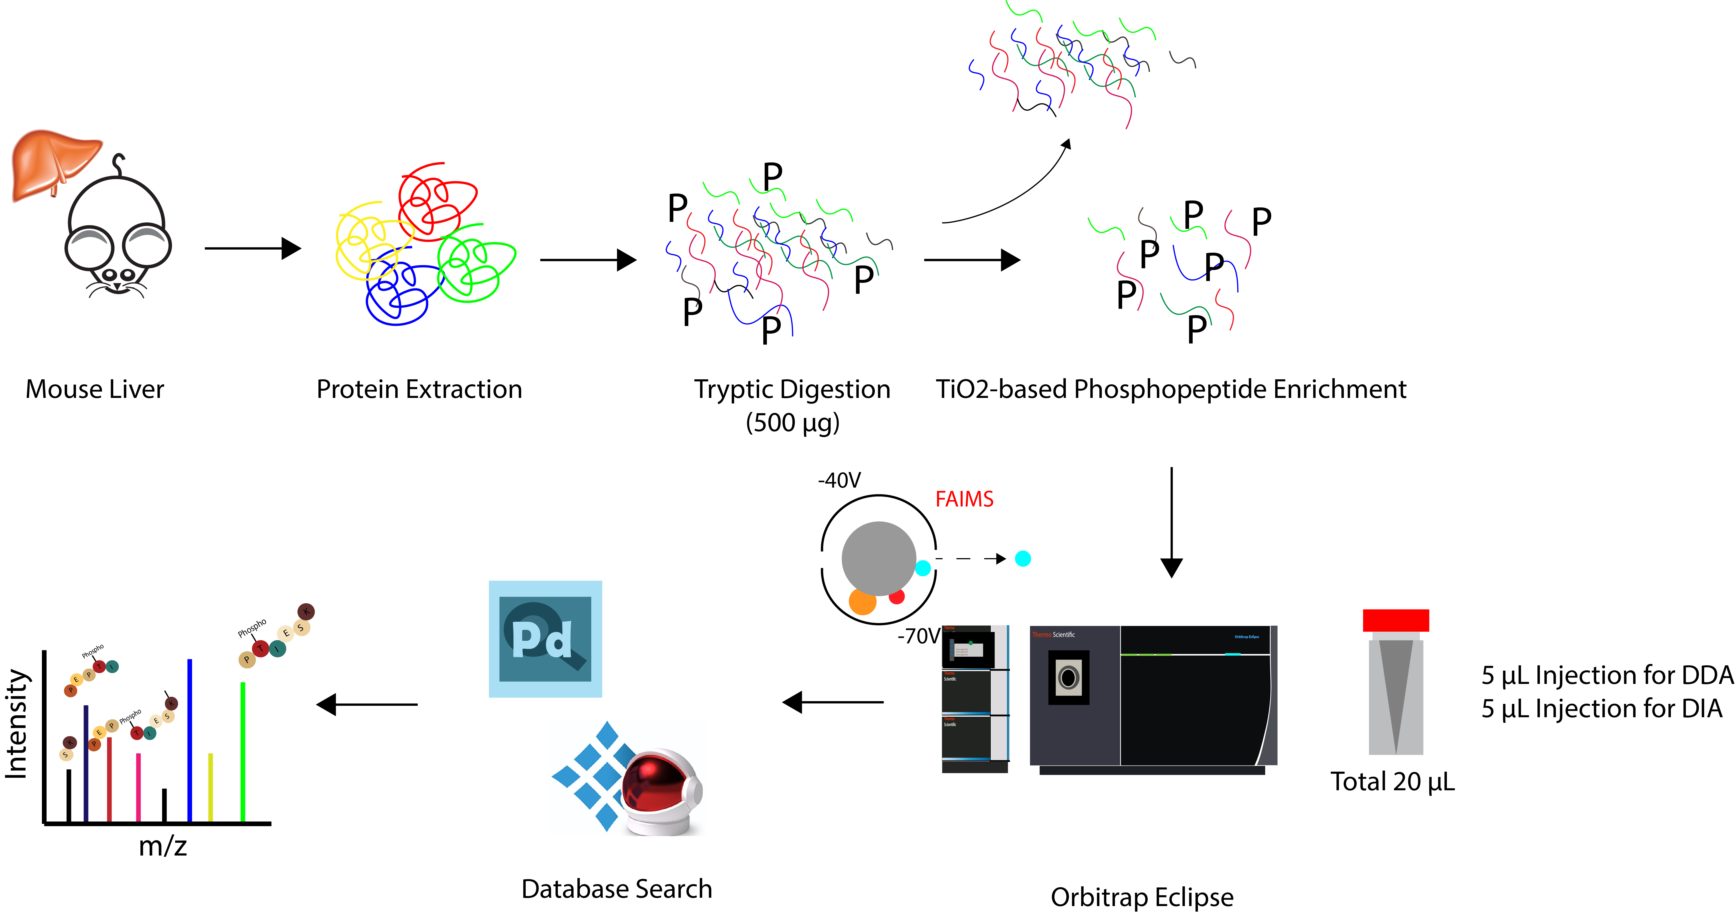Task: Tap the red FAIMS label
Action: [x=964, y=499]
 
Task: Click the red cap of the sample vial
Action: [x=1396, y=620]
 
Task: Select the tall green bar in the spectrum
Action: [x=243, y=751]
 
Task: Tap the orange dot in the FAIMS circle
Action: [x=862, y=601]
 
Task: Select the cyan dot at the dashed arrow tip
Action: [x=1023, y=559]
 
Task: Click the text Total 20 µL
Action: [x=1392, y=782]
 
